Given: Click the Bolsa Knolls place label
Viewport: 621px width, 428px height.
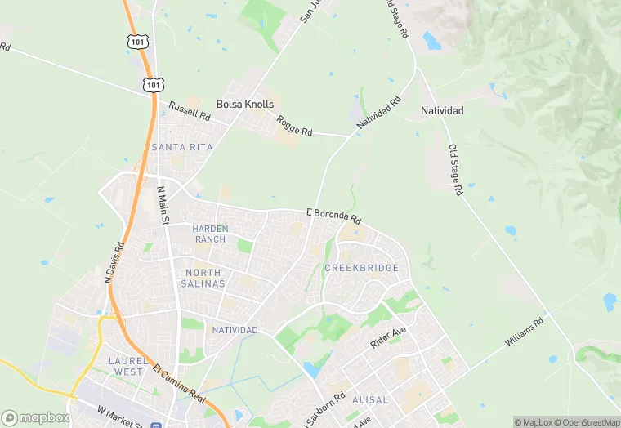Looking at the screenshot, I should tap(245, 105).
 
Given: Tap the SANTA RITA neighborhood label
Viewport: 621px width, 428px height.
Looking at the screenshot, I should tap(182, 147).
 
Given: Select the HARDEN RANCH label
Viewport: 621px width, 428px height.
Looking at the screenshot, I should tap(209, 234).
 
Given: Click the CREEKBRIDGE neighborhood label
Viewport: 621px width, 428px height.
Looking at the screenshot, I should tap(361, 268).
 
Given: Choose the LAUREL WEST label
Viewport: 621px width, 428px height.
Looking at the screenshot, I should tap(127, 365).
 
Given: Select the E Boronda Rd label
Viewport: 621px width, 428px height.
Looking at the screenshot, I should tap(333, 216).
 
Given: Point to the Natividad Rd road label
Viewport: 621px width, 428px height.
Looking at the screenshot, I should tap(379, 115).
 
